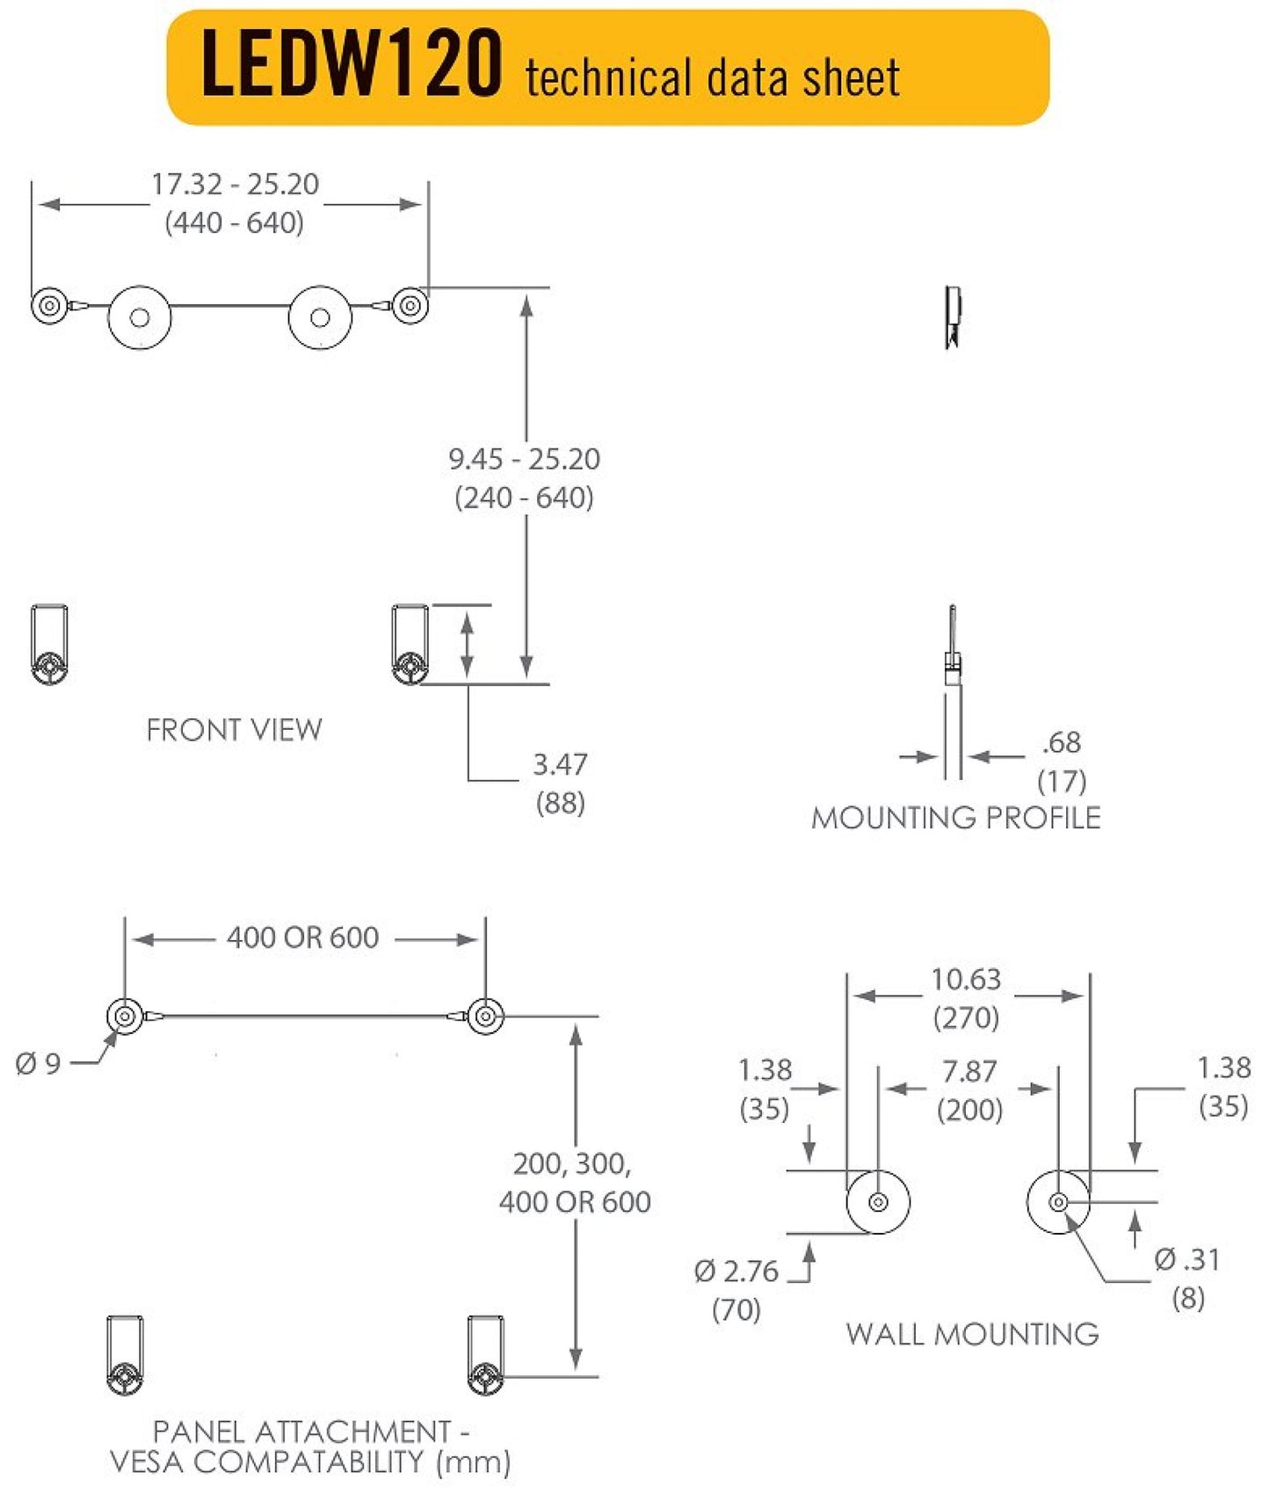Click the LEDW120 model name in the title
(x=352, y=63)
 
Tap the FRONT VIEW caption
(x=234, y=730)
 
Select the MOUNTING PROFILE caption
(x=955, y=818)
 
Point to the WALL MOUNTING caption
(x=972, y=1334)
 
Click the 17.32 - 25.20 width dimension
(x=235, y=185)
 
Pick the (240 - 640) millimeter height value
(x=524, y=498)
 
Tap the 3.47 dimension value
(x=560, y=764)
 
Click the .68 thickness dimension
(x=1061, y=742)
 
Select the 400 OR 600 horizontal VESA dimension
(x=302, y=937)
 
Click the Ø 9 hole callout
(x=38, y=1064)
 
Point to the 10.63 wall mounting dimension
(x=966, y=979)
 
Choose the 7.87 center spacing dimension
(x=969, y=1071)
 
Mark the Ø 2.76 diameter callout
(x=737, y=1271)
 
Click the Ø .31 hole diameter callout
(x=1187, y=1259)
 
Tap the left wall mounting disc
(x=877, y=1202)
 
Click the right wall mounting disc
(x=1058, y=1202)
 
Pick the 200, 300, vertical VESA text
(x=572, y=1163)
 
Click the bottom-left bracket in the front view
(x=50, y=645)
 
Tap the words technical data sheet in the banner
(x=712, y=77)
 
